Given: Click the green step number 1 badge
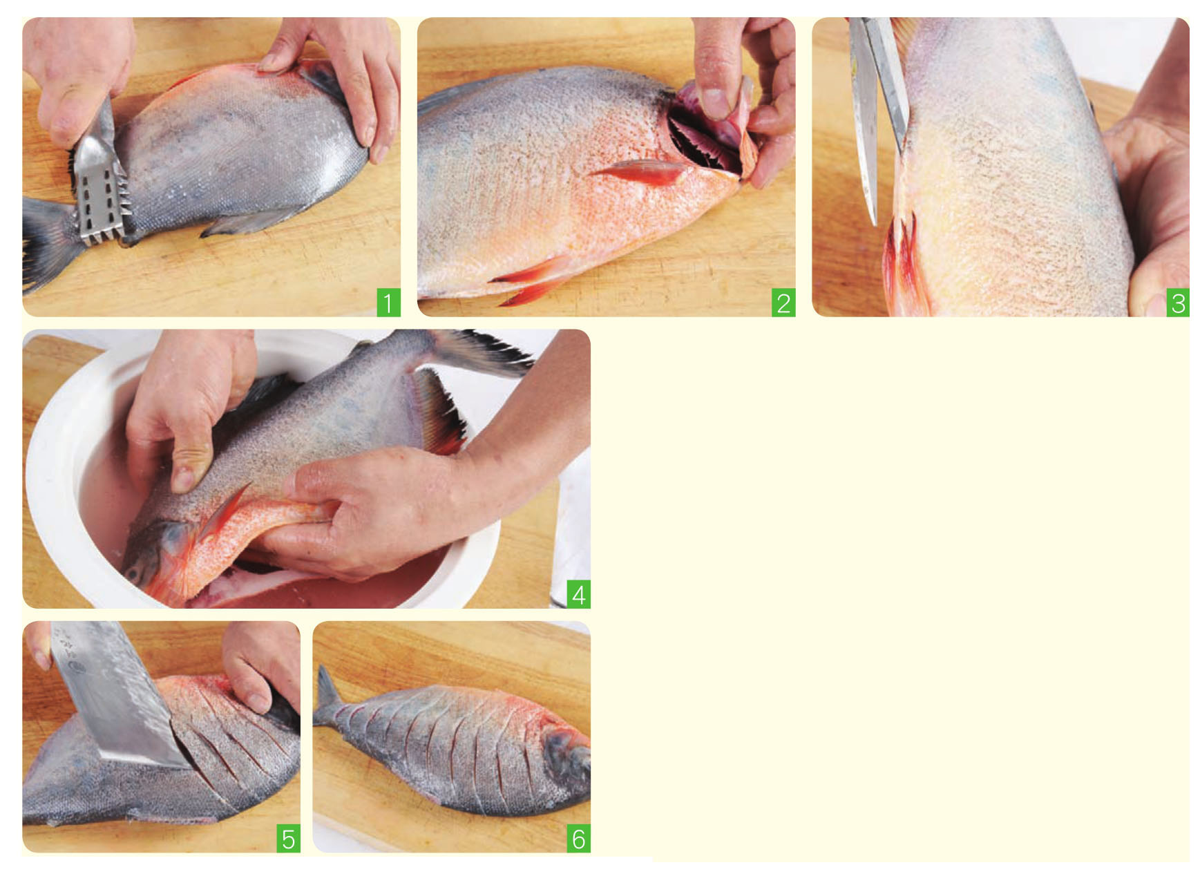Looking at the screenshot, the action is point(388,303).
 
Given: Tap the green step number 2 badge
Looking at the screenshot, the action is point(783,303).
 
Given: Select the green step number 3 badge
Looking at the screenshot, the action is point(1178,303).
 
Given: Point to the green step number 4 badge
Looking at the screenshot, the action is point(579,595).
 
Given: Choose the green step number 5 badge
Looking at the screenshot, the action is point(288,839).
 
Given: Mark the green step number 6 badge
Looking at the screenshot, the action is point(579,839).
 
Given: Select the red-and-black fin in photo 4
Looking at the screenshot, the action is point(439,411).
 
